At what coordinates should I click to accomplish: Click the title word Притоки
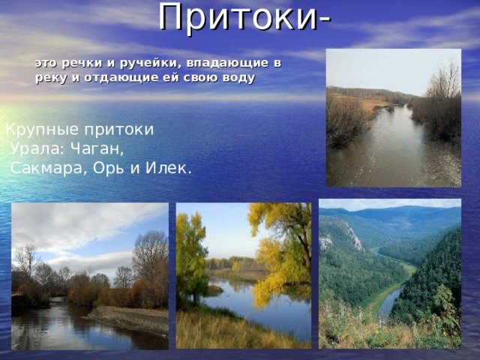point(238,17)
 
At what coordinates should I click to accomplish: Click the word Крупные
point(43,130)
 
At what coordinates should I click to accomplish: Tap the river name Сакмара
point(46,168)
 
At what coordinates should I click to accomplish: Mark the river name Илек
point(168,167)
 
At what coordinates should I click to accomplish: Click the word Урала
point(38,149)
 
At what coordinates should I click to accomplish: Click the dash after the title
point(325,20)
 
